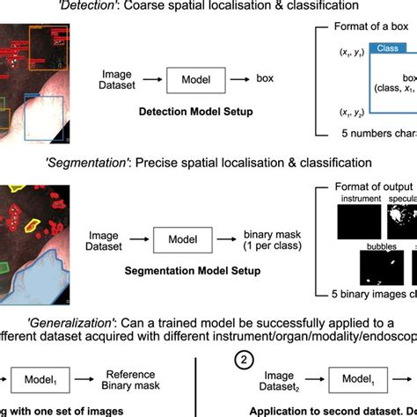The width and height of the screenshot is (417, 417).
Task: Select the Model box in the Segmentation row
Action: pos(183,238)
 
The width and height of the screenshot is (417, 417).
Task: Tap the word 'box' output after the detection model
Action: pos(265,79)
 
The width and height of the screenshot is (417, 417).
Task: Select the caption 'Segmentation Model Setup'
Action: pos(192,271)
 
